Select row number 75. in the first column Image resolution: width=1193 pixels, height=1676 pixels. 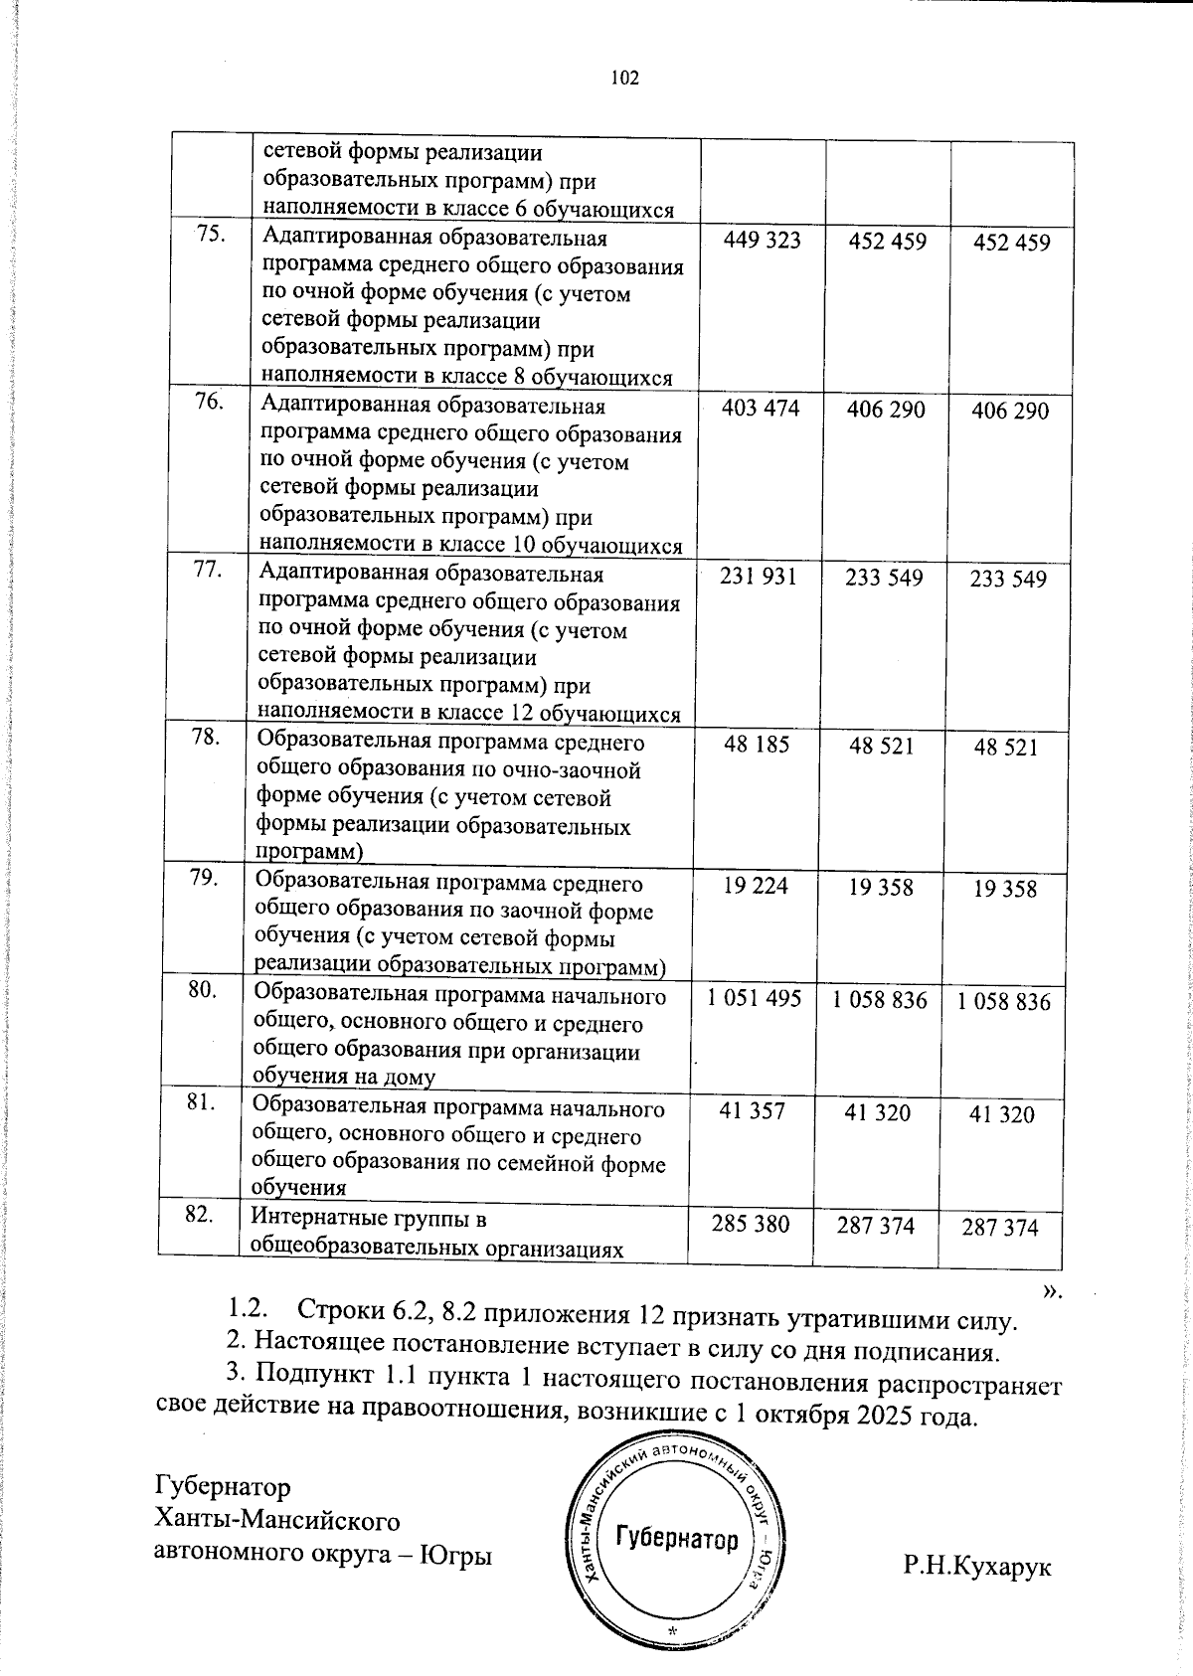pos(210,235)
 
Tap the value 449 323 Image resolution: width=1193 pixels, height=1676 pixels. pos(762,241)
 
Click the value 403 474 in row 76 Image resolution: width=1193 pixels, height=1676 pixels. pos(761,409)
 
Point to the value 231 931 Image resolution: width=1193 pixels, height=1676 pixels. pos(760,577)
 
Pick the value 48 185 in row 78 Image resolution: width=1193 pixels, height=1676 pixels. pos(758,745)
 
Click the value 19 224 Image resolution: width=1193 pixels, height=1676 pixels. pos(756,886)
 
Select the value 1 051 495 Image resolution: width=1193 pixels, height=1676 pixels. pos(755,999)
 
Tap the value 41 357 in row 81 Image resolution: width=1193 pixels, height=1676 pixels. pos(753,1111)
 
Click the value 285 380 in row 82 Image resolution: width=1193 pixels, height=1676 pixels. pos(751,1224)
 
